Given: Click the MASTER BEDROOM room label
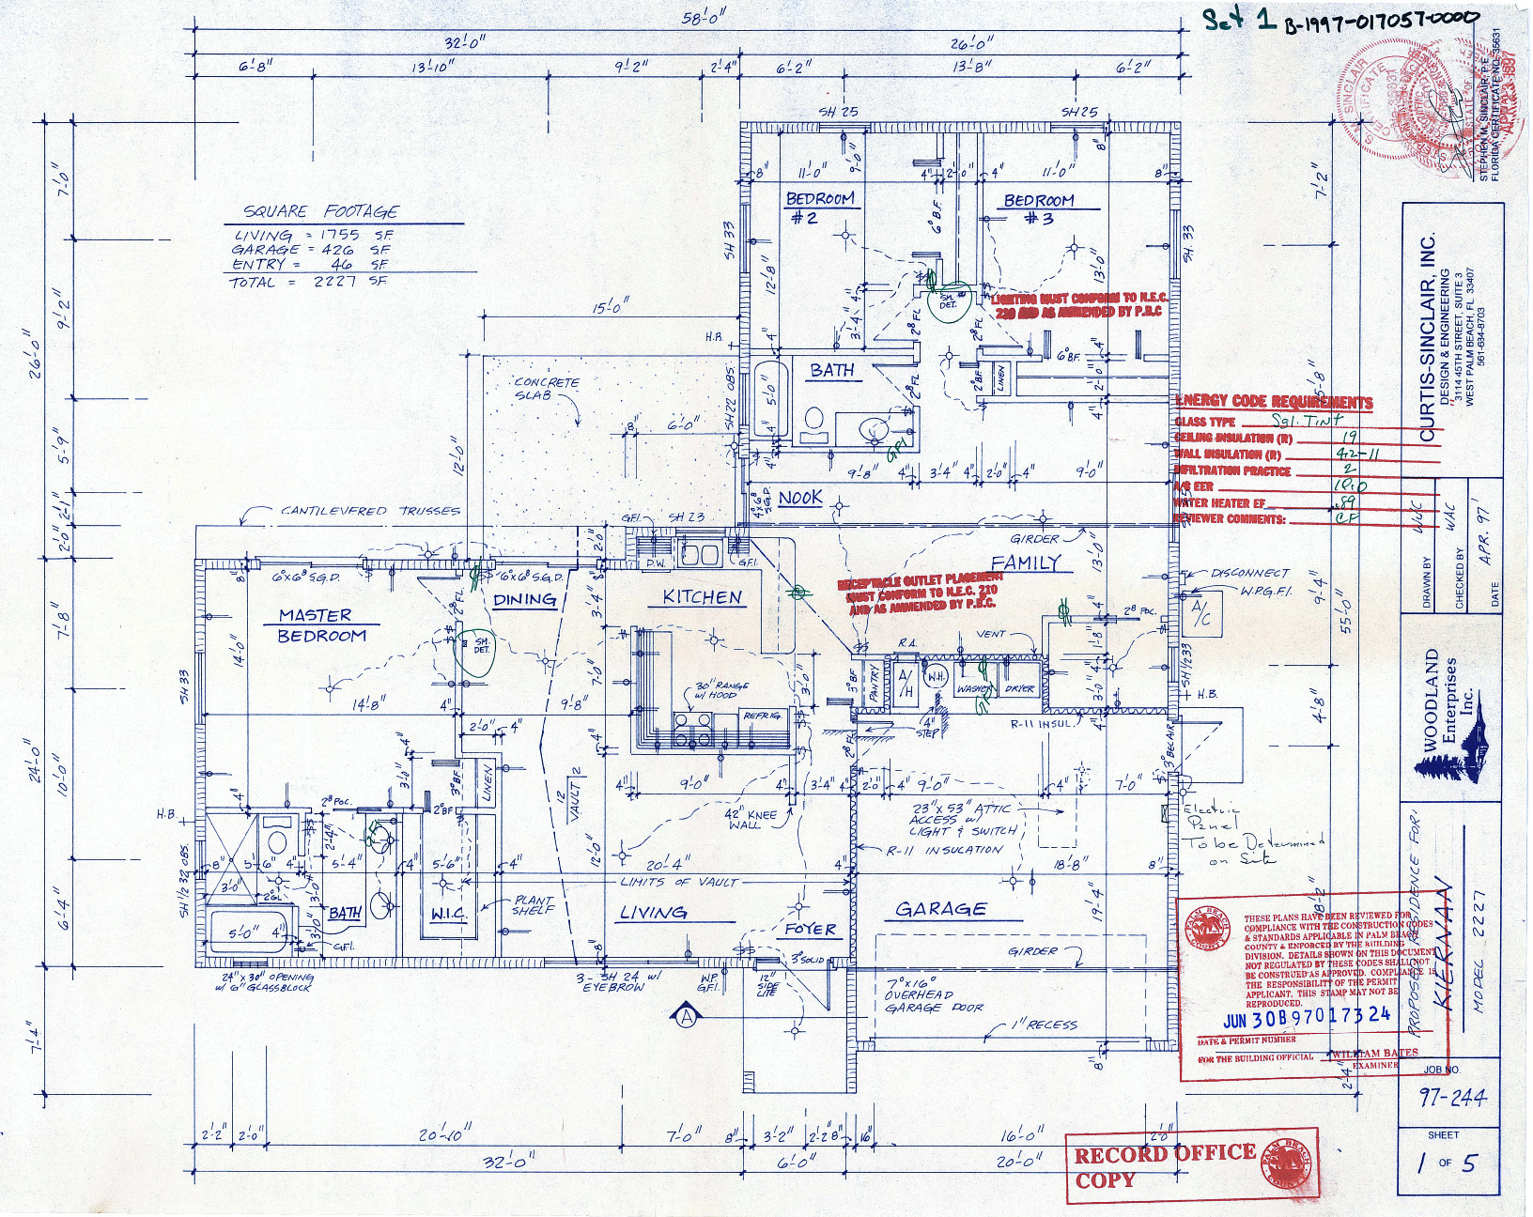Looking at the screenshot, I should pos(317,625).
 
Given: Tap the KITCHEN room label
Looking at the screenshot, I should pos(702,597).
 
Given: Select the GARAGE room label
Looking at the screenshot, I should pos(939,909).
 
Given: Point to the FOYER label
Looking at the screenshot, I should pos(810,930).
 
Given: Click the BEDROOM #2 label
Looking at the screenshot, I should pos(820,208).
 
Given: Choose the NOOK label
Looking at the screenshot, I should pos(800,498).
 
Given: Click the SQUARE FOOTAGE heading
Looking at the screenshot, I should pos(320,212).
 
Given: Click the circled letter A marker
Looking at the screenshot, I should pos(686,1015).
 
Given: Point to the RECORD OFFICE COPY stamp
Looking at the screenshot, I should pos(1165,1165).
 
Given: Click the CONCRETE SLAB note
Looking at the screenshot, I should pos(547,389).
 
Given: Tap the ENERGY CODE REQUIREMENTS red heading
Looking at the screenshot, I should pos(1273,402).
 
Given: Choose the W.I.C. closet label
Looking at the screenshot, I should pos(448,914).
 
